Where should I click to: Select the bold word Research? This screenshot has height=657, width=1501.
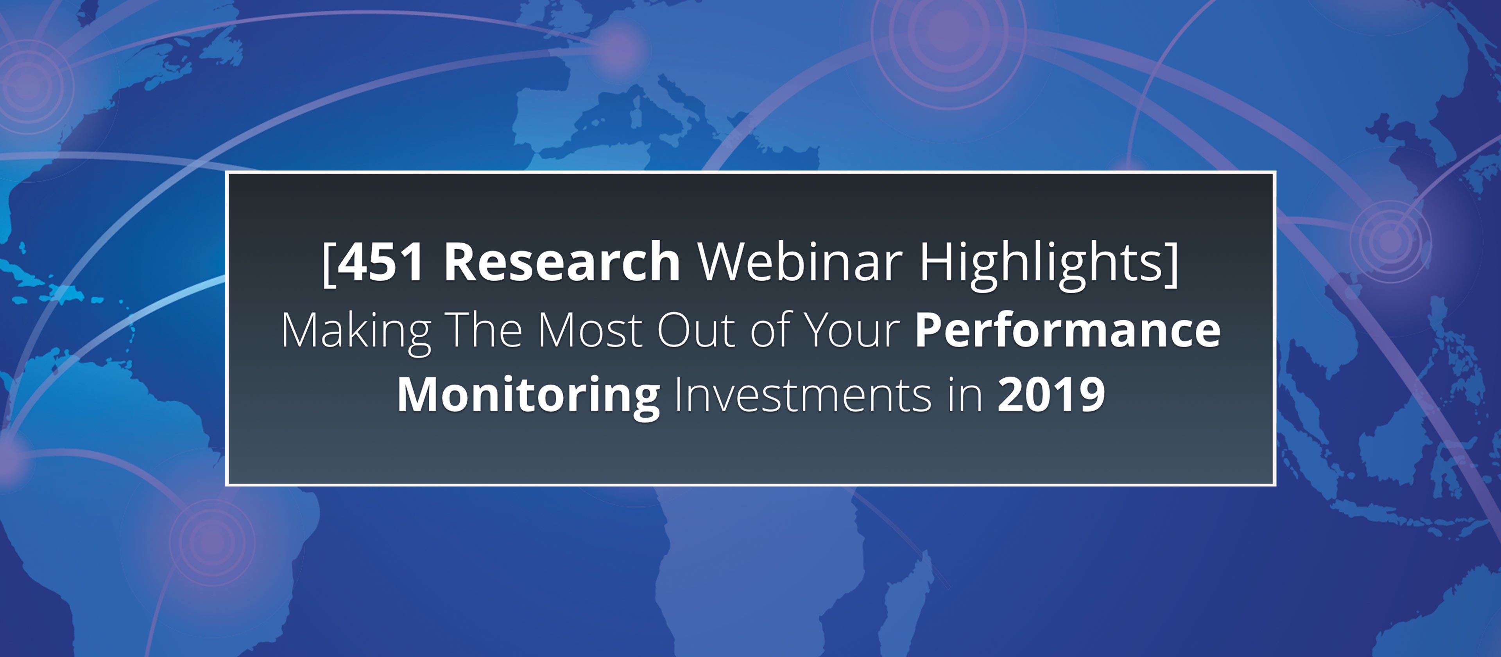[x=562, y=262]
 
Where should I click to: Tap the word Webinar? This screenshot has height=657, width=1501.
[x=800, y=262]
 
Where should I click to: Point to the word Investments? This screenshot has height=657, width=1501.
[x=803, y=395]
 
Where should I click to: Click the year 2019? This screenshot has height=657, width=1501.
[x=1051, y=395]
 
